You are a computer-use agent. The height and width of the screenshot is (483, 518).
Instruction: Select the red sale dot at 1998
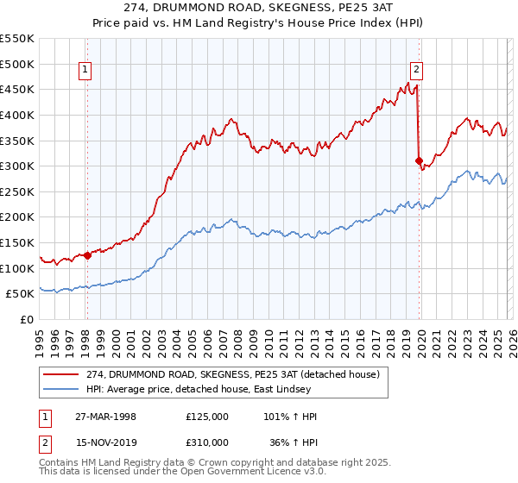[x=88, y=255]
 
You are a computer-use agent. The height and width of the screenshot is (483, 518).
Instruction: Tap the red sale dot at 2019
[x=419, y=160]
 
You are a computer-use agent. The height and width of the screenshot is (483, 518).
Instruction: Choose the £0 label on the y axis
[x=26, y=319]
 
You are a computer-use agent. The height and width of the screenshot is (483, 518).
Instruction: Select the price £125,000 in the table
[x=207, y=417]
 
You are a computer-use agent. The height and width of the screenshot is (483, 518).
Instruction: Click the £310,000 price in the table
[x=207, y=442]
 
